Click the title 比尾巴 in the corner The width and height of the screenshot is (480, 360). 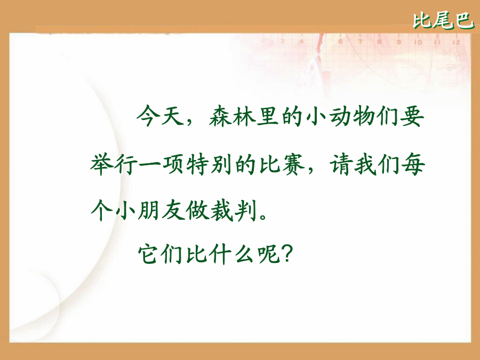[x=443, y=21]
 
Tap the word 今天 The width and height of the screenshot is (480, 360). [x=160, y=116]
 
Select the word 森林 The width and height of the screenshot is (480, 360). [x=233, y=116]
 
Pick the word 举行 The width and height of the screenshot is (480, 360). [x=114, y=164]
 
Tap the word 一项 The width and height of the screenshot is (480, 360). [x=161, y=164]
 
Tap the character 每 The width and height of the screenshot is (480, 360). [x=413, y=164]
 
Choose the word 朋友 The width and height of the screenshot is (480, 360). [x=161, y=210]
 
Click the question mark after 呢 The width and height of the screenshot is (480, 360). [x=287, y=254]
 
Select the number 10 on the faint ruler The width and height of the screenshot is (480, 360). [x=418, y=42]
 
